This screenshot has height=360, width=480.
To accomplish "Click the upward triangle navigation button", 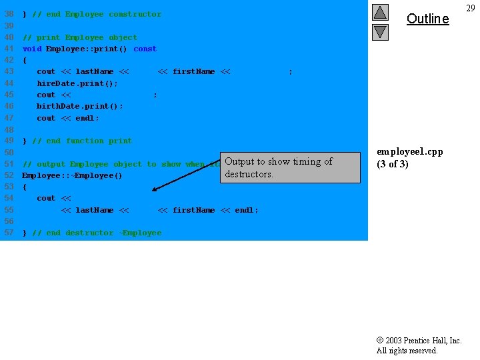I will pos(380,12).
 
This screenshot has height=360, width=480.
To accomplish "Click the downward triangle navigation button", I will pos(380,31).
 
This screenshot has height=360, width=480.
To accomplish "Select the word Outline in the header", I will pos(427,19).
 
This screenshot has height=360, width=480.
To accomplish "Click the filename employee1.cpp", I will pos(410,152).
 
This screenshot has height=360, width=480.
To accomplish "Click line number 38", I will pos(9,14).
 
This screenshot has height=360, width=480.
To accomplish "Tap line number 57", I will pos(9,233).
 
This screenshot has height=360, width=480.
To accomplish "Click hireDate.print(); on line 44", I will pos(77,83).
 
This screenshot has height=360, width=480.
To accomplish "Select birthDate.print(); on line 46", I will pos(80,106).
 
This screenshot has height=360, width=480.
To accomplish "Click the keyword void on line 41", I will pos(32,49).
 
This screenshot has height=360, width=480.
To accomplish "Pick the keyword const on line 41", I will pos(145,49).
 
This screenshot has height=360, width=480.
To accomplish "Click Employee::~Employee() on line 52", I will pos(73,175).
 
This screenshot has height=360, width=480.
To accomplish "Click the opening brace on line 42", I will pos(25,60).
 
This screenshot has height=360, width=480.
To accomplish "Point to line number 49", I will pos(9,141).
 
